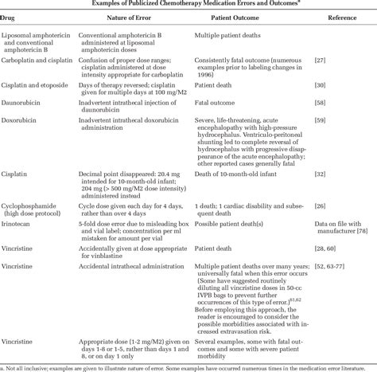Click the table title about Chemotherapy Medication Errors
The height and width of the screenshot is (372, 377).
click(188, 5)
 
